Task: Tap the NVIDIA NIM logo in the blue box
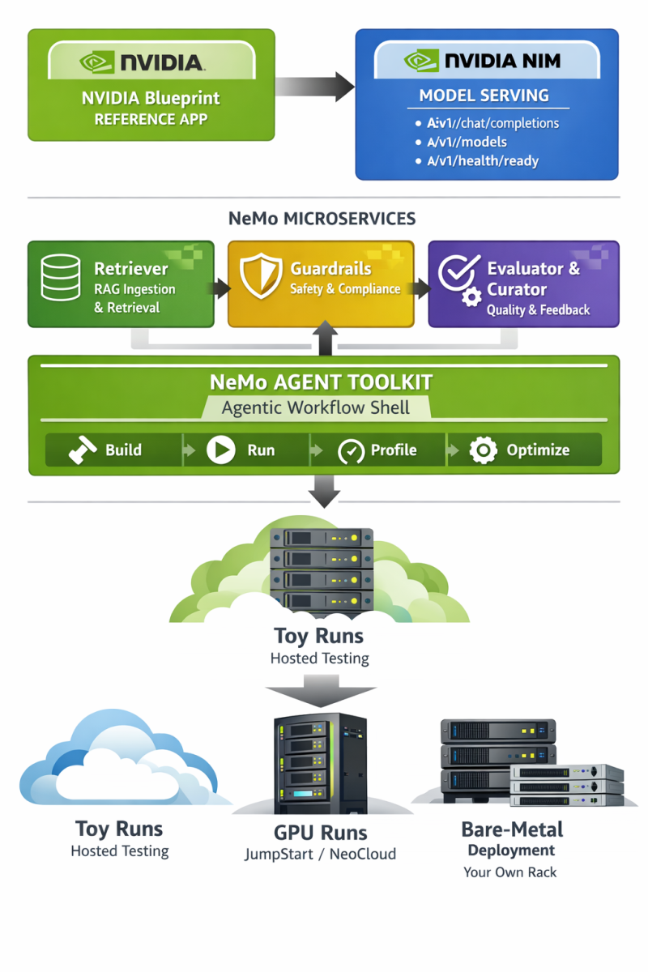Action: tap(487, 61)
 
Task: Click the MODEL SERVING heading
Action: tap(484, 96)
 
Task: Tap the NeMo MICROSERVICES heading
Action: tap(323, 219)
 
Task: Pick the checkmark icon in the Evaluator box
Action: tap(457, 273)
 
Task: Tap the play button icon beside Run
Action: tap(220, 450)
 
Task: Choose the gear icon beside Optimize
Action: tap(483, 450)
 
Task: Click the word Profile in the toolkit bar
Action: tap(394, 450)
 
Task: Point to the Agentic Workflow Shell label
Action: tap(316, 407)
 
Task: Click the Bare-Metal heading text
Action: tap(512, 829)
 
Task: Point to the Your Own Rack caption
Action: tap(510, 872)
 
